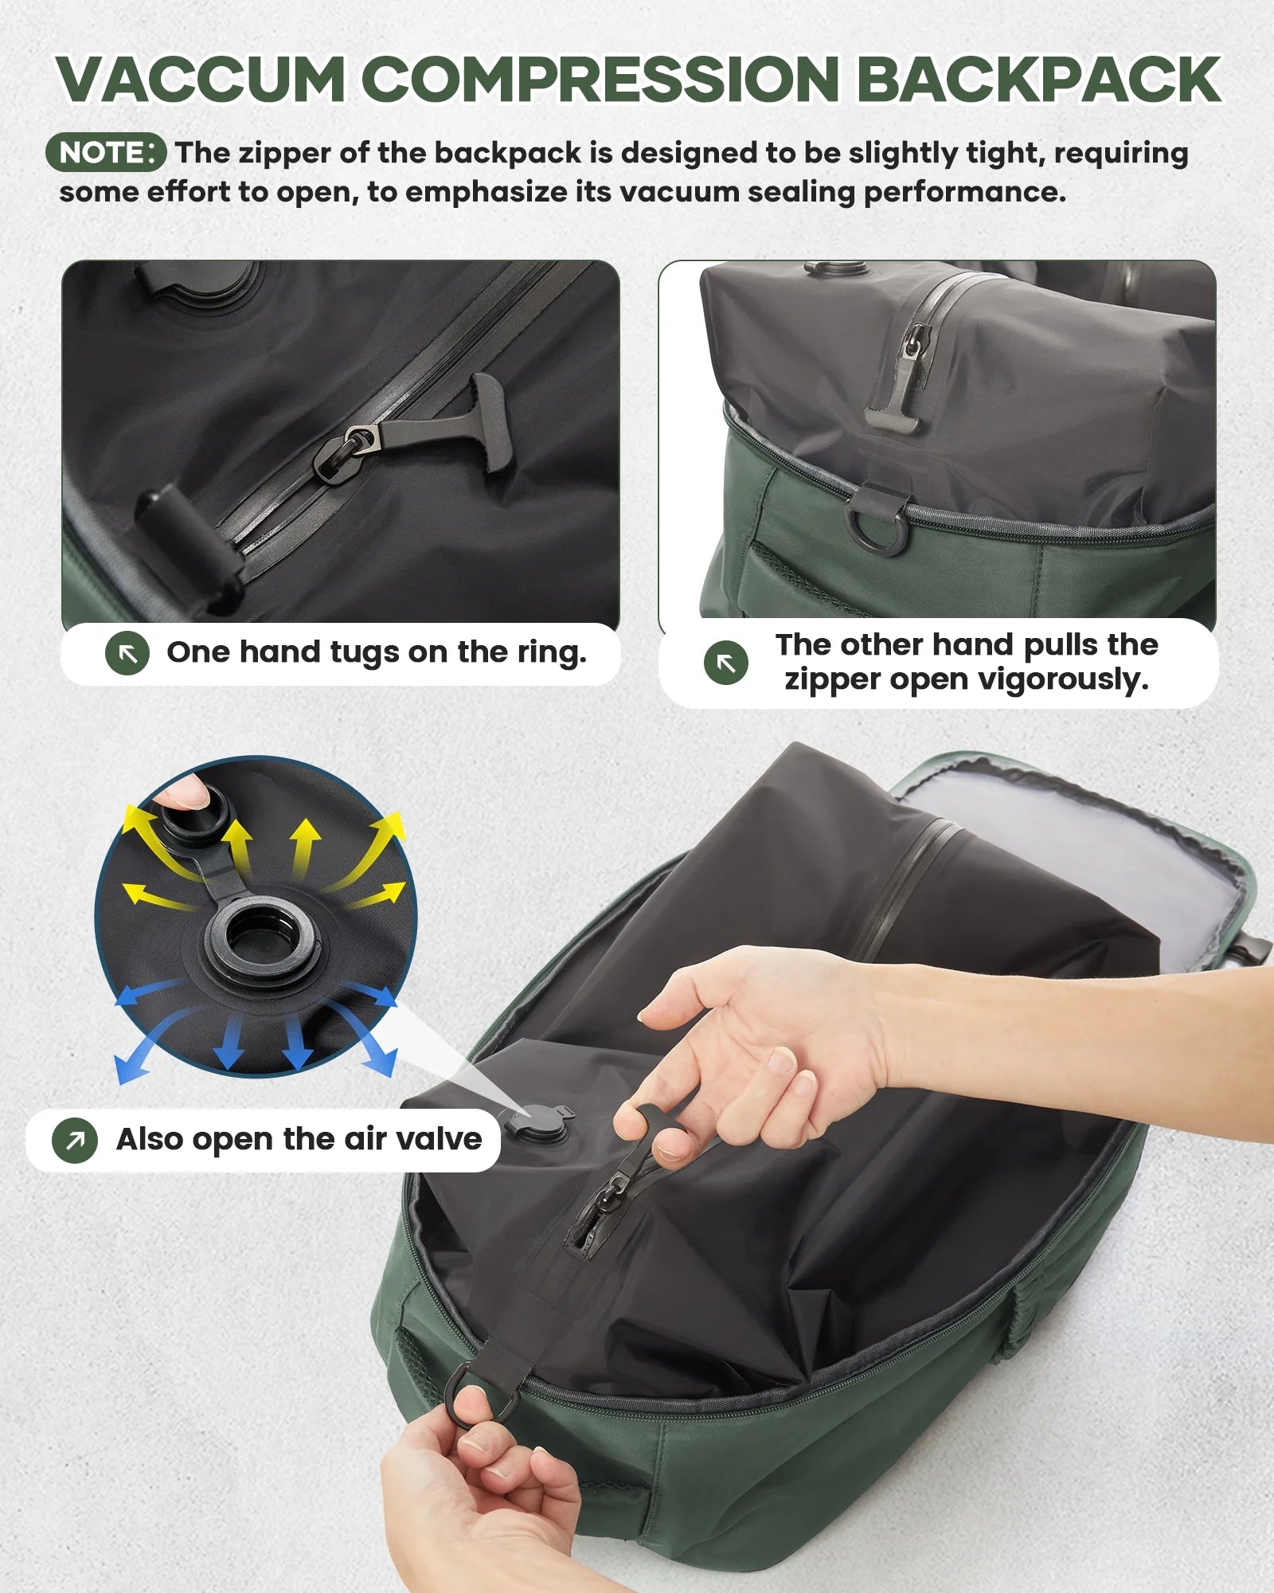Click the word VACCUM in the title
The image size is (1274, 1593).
point(200,80)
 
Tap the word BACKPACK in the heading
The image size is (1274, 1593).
point(1039,80)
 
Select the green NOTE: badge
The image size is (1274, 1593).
point(106,152)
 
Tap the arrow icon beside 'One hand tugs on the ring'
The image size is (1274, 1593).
point(127,653)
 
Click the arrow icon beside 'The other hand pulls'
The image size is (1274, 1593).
point(726,663)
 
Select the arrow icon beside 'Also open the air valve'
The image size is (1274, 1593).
point(75,1141)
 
